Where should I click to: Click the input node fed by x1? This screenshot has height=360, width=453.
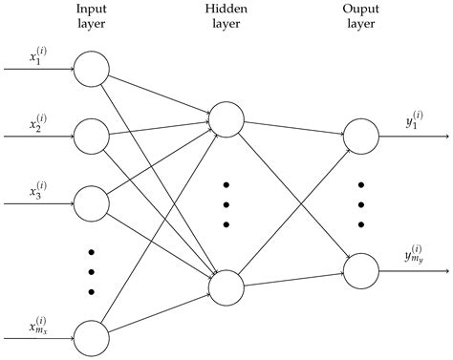[92, 69]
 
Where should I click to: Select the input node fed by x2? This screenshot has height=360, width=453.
[92, 136]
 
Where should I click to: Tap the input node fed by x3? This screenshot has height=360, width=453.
[92, 203]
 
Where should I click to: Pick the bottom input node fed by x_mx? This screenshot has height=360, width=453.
[92, 338]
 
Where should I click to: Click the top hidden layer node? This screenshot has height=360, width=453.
[226, 118]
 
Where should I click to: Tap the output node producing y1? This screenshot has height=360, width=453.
[361, 136]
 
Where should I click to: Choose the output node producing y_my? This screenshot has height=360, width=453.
[361, 270]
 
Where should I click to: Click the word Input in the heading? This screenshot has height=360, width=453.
[92, 10]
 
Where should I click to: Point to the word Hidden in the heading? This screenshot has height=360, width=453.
[226, 10]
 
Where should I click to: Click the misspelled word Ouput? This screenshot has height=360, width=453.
[361, 10]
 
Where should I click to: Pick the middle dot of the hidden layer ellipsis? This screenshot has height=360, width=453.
[226, 203]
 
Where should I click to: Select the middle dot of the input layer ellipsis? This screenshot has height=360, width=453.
[92, 271]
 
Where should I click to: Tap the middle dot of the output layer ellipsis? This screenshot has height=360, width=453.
[361, 203]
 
